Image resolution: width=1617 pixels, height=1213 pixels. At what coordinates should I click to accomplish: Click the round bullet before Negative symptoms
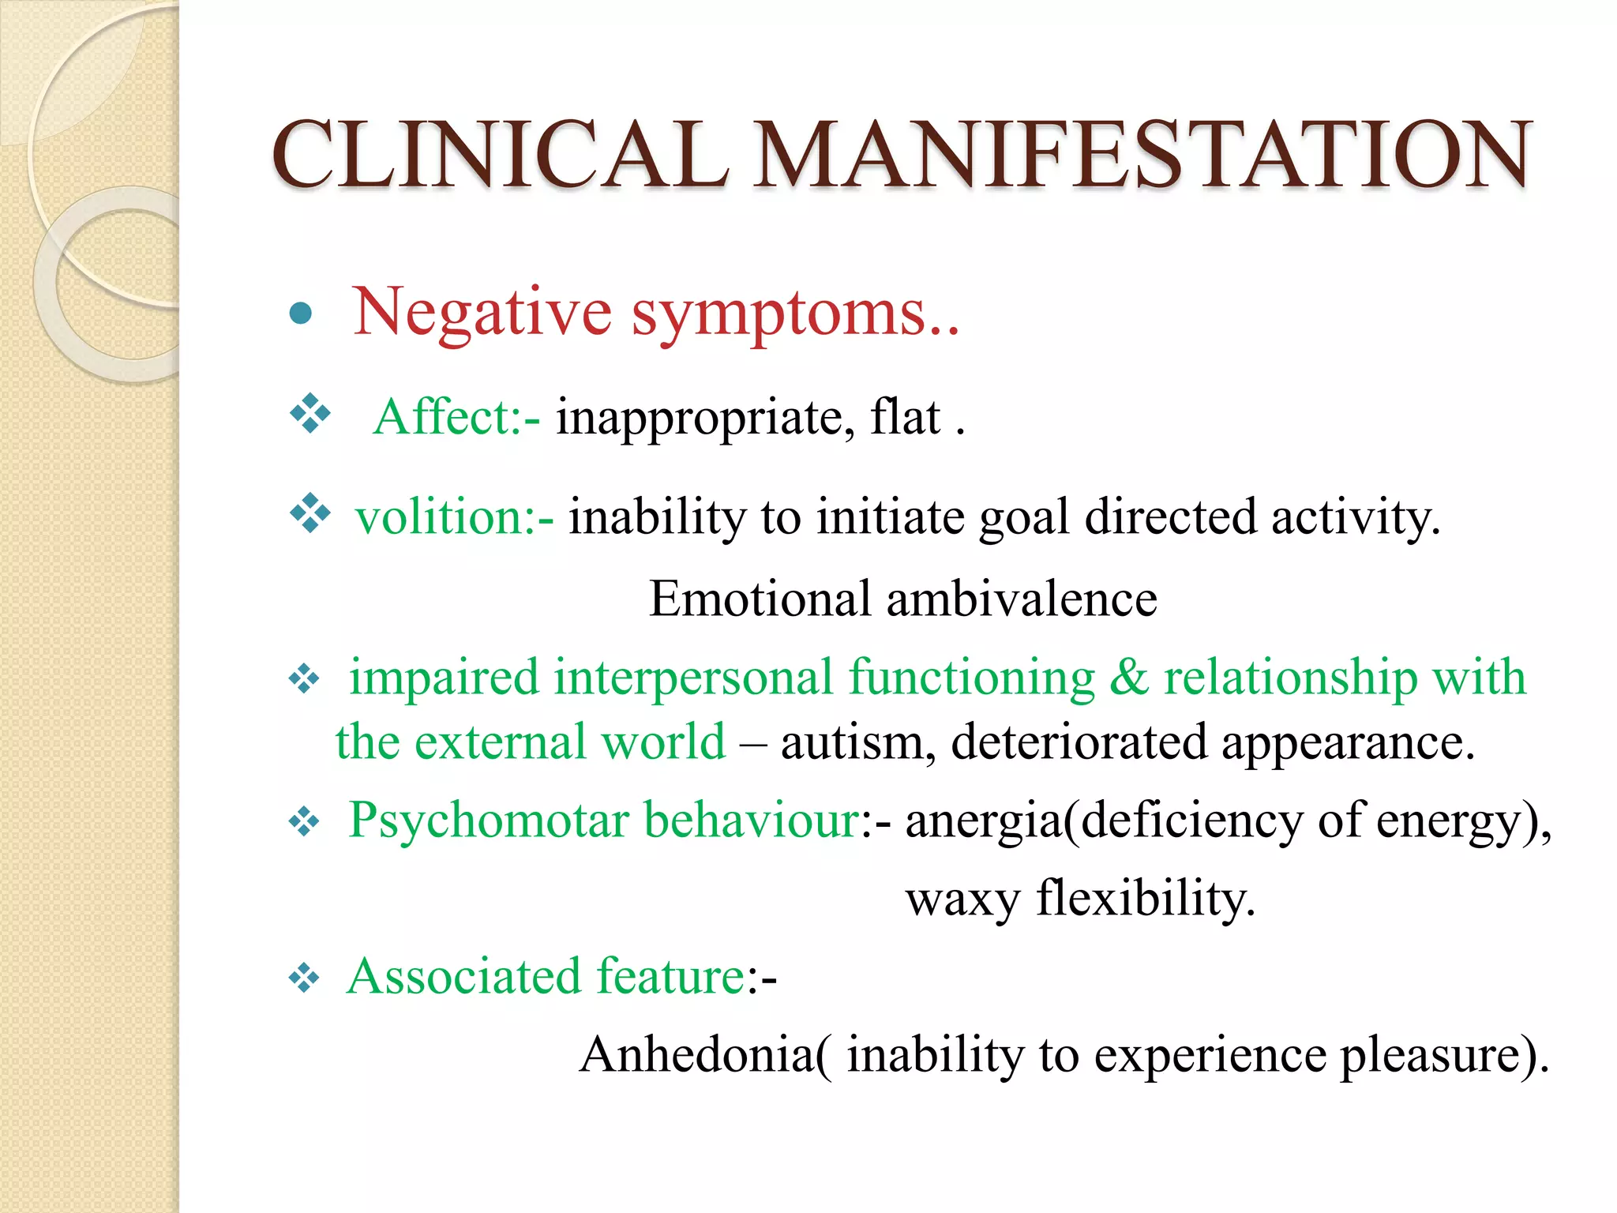coord(301,314)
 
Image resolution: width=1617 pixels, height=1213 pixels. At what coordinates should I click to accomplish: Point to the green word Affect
coord(446,416)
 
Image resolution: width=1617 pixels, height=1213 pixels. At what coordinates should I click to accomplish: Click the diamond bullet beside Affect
coord(310,413)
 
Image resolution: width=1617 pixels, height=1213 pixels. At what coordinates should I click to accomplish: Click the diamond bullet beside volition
coord(310,513)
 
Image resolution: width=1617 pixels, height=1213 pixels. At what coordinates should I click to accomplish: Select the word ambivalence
coord(1022,599)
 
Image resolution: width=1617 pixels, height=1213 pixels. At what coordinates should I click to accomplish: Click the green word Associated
coord(464,977)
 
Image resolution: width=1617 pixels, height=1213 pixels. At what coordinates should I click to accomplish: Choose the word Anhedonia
coord(697,1054)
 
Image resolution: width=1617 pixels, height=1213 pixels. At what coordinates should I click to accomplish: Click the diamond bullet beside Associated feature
coord(304,979)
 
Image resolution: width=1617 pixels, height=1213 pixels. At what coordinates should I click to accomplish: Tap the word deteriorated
coord(1079,742)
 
